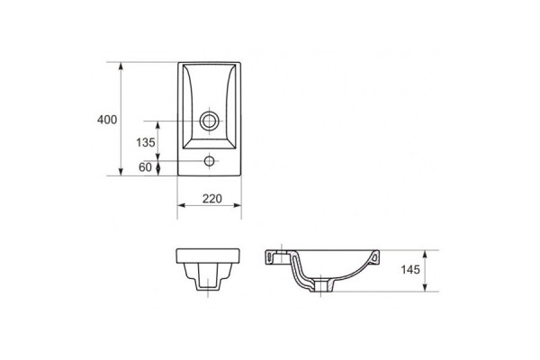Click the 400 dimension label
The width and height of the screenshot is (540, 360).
click(x=107, y=120)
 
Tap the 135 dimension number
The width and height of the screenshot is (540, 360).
click(x=146, y=142)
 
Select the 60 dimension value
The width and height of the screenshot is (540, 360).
click(x=145, y=167)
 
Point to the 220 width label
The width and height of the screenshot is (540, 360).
click(x=212, y=199)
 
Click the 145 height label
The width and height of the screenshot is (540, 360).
click(x=410, y=269)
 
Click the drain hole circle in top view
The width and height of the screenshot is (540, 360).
click(x=210, y=121)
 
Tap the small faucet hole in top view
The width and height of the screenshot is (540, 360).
click(x=210, y=161)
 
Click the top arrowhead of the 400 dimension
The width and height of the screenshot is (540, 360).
click(x=121, y=66)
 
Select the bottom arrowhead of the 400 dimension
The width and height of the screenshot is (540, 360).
click(x=121, y=172)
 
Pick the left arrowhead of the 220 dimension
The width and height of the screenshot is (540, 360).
click(x=182, y=205)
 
